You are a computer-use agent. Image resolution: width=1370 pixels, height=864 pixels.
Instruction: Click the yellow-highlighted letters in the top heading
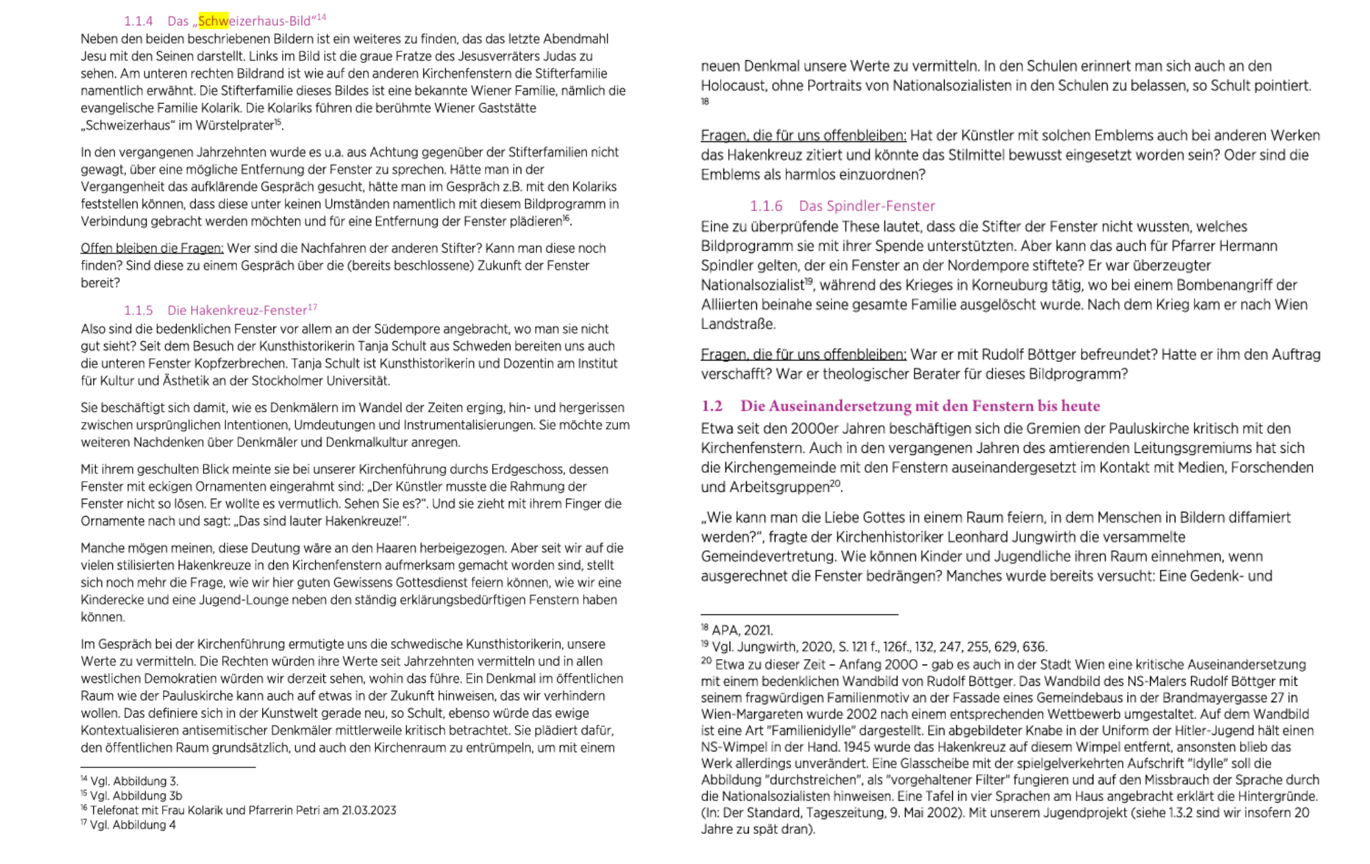tap(213, 21)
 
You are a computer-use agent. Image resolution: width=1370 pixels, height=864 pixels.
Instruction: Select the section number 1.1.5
tap(138, 310)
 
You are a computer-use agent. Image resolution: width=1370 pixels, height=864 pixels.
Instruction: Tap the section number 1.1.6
tap(766, 206)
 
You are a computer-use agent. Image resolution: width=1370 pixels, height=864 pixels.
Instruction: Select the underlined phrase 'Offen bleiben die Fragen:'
tap(152, 248)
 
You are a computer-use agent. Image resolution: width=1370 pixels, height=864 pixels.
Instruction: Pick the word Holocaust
tap(730, 86)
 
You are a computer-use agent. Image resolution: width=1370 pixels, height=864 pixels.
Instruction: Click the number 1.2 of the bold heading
tap(712, 406)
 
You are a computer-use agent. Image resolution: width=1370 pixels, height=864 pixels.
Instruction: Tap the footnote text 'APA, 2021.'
tap(742, 630)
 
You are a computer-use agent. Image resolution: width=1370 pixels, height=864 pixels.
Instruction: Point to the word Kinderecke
tap(112, 600)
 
